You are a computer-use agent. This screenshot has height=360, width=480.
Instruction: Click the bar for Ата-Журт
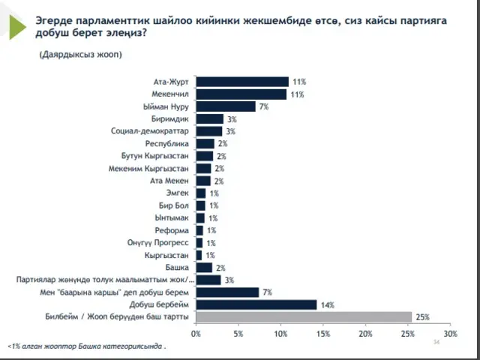242,81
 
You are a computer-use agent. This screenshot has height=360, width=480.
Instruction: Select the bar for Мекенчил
241,94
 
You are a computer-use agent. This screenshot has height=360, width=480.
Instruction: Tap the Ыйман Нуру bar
226,106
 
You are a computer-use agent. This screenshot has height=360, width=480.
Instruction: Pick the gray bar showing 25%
304,316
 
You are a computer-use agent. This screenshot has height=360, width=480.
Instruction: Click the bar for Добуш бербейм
256,304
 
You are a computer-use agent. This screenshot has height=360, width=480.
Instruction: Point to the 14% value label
326,305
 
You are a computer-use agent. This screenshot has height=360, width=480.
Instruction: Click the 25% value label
422,317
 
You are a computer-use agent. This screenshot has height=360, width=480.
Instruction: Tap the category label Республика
169,143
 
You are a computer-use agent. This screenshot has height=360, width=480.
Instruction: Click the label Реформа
172,230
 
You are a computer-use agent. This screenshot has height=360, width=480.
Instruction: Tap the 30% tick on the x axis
450,333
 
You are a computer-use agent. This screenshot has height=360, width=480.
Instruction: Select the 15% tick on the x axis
323,333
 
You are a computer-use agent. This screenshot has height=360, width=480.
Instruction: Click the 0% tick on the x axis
196,333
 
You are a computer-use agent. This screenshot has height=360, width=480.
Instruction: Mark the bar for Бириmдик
210,118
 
